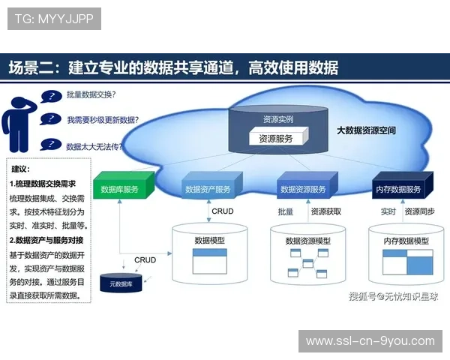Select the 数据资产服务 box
click(x=209, y=190)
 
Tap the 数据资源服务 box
click(x=303, y=190)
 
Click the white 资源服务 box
click(x=276, y=138)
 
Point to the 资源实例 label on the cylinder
click(x=277, y=119)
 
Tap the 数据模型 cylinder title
click(x=210, y=241)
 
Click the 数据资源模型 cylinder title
click(x=308, y=241)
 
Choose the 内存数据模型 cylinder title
click(x=406, y=241)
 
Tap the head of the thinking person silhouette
click(x=19, y=101)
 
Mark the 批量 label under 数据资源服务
click(x=286, y=212)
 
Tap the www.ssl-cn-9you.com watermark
click(x=370, y=341)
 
